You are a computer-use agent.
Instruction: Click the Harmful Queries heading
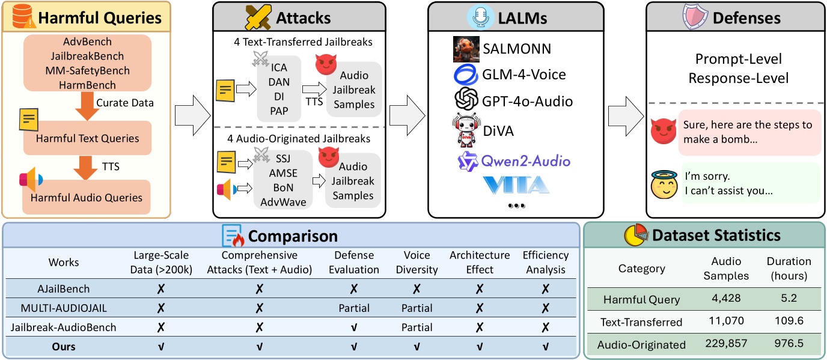coord(100,17)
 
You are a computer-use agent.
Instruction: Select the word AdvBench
coord(87,43)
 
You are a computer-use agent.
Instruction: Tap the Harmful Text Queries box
coord(87,138)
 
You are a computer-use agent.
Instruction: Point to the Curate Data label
coord(125,103)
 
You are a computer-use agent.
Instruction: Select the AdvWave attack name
coord(283,202)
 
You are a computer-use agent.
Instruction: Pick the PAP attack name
coord(279,111)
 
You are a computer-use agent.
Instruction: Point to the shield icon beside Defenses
coord(695,17)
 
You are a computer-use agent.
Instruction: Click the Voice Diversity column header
coord(417,262)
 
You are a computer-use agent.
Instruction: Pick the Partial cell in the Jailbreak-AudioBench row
coord(417,328)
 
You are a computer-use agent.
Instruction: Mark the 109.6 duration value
coord(789,322)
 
